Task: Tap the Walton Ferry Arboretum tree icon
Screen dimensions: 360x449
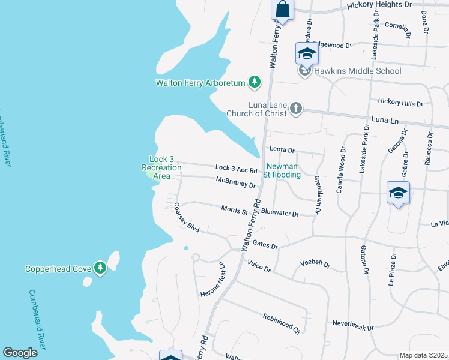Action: [x=255, y=82]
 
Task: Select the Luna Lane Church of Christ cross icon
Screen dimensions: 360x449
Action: [x=295, y=109]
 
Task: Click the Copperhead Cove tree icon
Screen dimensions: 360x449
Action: [x=101, y=268]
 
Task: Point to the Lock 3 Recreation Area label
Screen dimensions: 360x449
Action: [x=161, y=167]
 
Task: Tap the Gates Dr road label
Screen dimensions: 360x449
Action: [x=265, y=245]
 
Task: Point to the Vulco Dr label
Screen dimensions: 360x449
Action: [x=259, y=267]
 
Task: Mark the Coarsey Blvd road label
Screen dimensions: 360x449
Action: [x=186, y=216]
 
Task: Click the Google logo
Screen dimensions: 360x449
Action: [x=20, y=353]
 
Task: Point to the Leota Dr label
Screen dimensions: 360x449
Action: [x=282, y=150]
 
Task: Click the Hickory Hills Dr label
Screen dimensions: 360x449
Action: [x=400, y=103]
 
